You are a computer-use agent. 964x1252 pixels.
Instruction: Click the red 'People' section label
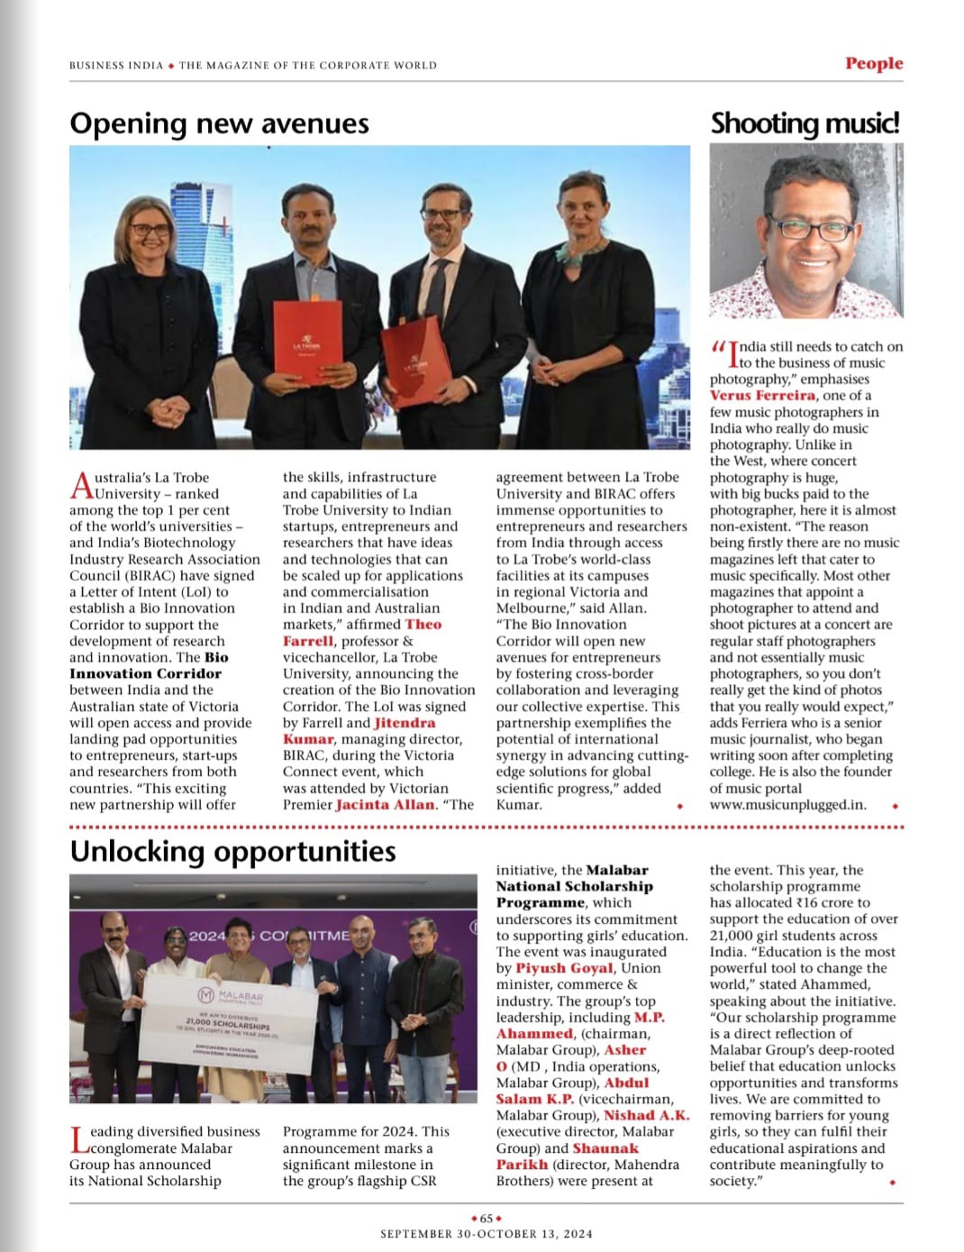tap(873, 63)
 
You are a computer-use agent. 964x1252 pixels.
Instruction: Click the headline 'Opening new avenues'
tap(219, 123)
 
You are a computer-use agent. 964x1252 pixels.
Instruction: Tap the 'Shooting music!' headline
tap(805, 123)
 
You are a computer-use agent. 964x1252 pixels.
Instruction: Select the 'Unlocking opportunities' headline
tap(232, 852)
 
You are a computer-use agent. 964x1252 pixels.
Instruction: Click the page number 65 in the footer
tap(486, 1218)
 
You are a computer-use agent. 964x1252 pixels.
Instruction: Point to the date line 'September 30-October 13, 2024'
tap(486, 1234)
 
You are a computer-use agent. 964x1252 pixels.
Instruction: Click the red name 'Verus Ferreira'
tap(762, 396)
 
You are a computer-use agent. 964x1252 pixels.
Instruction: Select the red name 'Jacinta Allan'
tap(385, 805)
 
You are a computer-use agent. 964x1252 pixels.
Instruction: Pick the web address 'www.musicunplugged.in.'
tap(787, 805)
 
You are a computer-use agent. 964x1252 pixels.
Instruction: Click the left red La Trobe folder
tap(307, 341)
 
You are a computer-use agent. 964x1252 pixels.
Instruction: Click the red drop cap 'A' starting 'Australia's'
tap(81, 485)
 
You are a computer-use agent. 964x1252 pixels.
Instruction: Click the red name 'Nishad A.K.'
tap(645, 1115)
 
